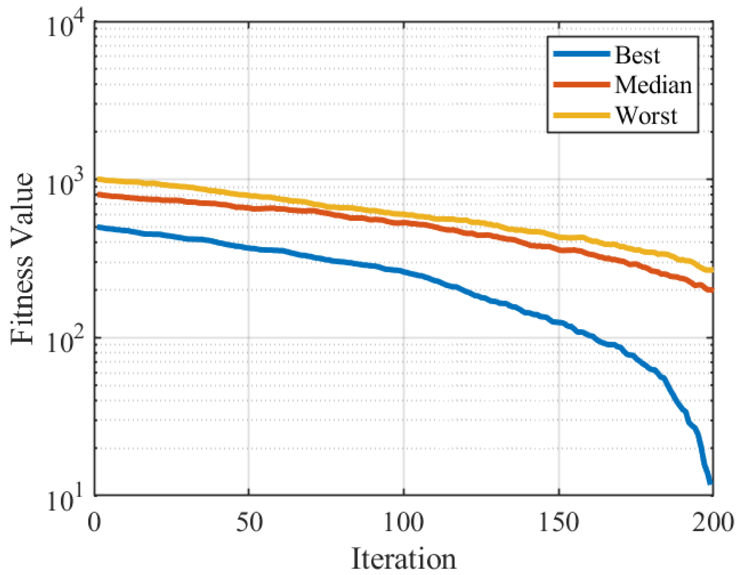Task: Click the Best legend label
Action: coord(637,55)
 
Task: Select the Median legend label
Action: coord(653,85)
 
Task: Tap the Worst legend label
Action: coord(646,115)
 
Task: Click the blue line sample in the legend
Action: coord(582,54)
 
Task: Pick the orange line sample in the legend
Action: coord(582,84)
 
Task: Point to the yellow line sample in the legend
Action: coord(582,115)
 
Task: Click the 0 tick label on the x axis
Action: coord(94,522)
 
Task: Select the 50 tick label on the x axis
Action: coord(249,522)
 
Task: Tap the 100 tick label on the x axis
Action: coord(404,522)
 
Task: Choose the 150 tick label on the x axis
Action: coord(559,522)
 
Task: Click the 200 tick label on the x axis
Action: coord(713,522)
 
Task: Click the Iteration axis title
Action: coord(404,559)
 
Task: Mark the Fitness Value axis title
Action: coord(22,258)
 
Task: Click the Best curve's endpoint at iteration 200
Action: coord(711,482)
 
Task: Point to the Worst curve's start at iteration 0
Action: coord(98,180)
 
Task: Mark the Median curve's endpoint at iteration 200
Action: coord(712,290)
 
